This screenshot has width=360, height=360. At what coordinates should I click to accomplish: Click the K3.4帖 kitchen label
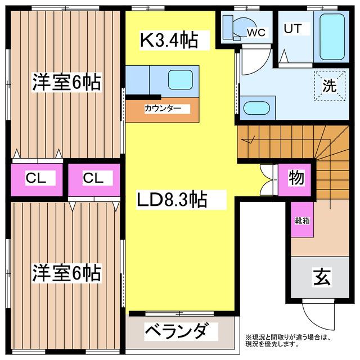click(x=168, y=40)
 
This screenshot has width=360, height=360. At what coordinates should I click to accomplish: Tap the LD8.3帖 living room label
click(x=172, y=199)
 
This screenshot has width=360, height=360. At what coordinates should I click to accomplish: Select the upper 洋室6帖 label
click(x=66, y=83)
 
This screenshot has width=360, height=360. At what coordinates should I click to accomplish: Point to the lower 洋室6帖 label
click(x=66, y=273)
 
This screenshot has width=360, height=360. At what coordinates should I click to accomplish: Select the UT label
click(x=291, y=28)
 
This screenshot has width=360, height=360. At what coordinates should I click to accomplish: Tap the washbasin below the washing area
click(x=257, y=107)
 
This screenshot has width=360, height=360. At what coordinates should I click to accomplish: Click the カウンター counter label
click(x=163, y=109)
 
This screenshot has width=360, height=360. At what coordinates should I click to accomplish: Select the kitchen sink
click(x=181, y=79)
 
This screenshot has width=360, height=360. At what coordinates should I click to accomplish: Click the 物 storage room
click(x=296, y=178)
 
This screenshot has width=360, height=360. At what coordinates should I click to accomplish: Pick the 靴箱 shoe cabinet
click(x=301, y=221)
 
